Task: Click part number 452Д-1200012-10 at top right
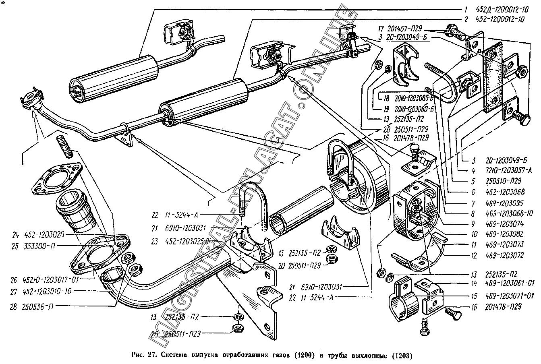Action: (x=502, y=10)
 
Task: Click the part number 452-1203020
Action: (x=44, y=234)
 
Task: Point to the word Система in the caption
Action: (x=176, y=356)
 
